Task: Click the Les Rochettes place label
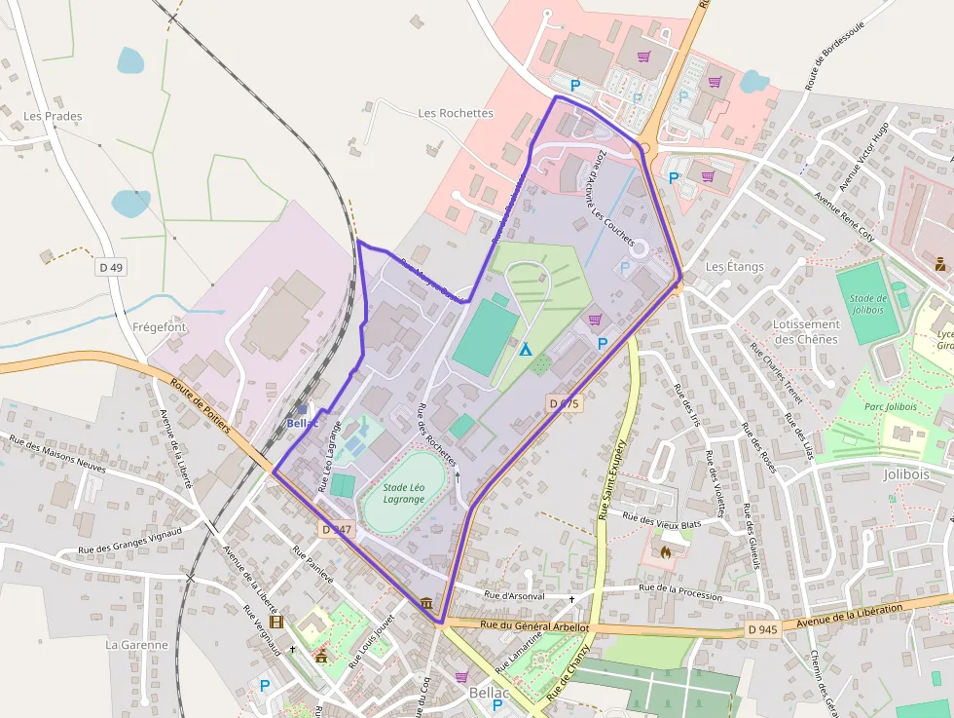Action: [456, 113]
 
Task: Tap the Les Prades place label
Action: [53, 116]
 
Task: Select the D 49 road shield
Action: [111, 267]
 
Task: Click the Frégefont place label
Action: [160, 327]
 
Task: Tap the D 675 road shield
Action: [564, 403]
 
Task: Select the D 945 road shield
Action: [763, 629]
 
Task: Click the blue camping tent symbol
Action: [526, 349]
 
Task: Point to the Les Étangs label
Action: [735, 266]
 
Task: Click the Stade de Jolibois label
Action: [867, 304]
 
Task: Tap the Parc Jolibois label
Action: [890, 406]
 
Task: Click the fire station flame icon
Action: [666, 551]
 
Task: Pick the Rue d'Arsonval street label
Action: [514, 595]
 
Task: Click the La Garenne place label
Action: [136, 645]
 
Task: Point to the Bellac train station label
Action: [303, 423]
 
